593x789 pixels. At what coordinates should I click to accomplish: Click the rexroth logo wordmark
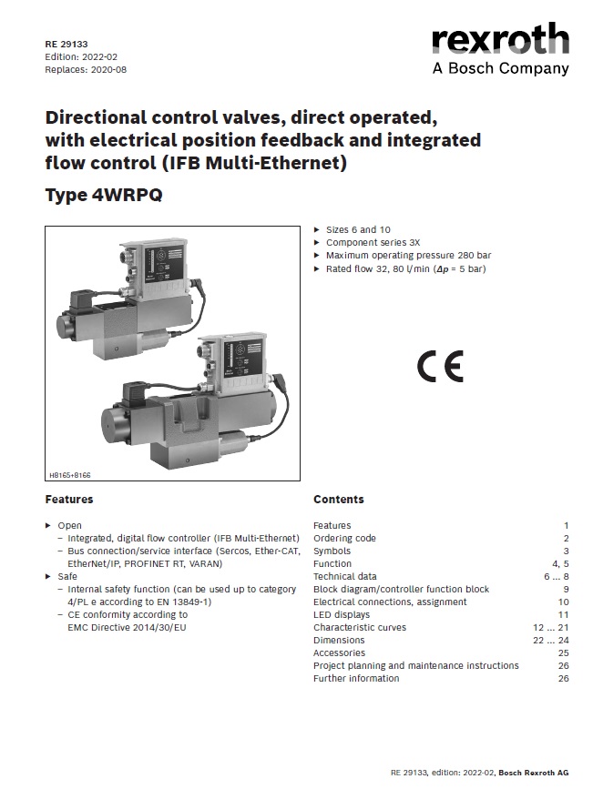pyautogui.click(x=500, y=39)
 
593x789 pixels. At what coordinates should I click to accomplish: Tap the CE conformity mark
pyautogui.click(x=440, y=367)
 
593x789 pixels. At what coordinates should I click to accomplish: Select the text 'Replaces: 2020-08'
pyautogui.click(x=86, y=70)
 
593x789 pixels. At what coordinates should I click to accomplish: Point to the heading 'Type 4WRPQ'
pyautogui.click(x=104, y=195)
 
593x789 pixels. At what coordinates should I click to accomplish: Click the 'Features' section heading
pyautogui.click(x=69, y=500)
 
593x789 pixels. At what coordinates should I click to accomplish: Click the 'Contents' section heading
pyautogui.click(x=339, y=500)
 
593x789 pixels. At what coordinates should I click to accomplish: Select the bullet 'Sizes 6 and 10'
pyautogui.click(x=358, y=230)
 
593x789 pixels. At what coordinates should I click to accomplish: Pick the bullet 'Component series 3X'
pyautogui.click(x=373, y=243)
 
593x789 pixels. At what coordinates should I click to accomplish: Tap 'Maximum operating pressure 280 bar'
pyautogui.click(x=408, y=256)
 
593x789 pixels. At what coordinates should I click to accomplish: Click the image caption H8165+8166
pyautogui.click(x=70, y=475)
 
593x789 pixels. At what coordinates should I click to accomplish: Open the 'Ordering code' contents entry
pyautogui.click(x=344, y=539)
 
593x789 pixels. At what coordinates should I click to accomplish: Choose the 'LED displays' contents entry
pyautogui.click(x=342, y=615)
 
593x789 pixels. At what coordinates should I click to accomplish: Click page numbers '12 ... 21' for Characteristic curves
pyautogui.click(x=551, y=628)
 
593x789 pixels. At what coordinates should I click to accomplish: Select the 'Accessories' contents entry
pyautogui.click(x=339, y=653)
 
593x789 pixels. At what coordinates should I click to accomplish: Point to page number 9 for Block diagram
pyautogui.click(x=566, y=589)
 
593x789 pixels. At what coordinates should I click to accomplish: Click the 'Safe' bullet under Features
pyautogui.click(x=67, y=577)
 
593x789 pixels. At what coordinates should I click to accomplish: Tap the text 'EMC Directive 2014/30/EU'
pyautogui.click(x=127, y=628)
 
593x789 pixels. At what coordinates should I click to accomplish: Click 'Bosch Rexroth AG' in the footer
pyautogui.click(x=534, y=773)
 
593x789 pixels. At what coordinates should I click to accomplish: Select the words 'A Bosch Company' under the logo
pyautogui.click(x=501, y=68)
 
